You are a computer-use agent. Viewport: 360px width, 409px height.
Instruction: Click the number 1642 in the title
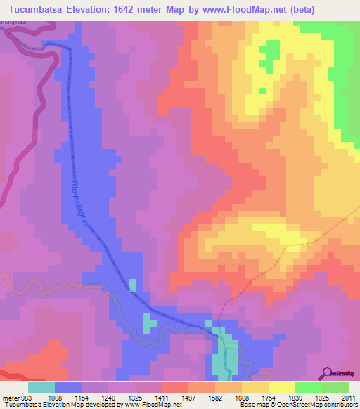click(x=136, y=9)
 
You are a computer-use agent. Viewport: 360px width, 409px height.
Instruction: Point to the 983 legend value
click(x=24, y=397)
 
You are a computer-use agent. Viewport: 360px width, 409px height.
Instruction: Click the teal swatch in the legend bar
click(x=41, y=387)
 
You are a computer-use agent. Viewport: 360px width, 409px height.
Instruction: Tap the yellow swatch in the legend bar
click(x=282, y=387)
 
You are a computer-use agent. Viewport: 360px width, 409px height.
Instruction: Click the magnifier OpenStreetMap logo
click(x=328, y=373)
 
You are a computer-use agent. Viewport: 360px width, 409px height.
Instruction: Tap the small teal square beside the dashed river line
click(x=133, y=285)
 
